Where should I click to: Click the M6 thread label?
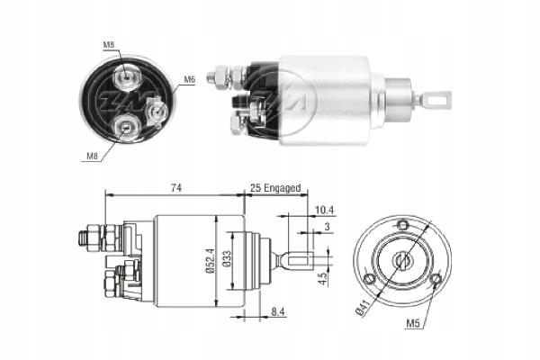coord(190,80)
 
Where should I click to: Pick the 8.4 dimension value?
coord(280,312)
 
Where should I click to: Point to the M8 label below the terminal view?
coord(92,157)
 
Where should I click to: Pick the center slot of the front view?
coord(402,259)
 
